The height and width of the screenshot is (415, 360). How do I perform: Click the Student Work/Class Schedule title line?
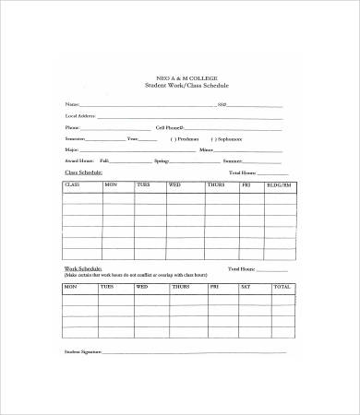point(186,85)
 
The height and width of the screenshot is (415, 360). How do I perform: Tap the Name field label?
point(72,104)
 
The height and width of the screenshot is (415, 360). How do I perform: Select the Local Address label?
point(79,115)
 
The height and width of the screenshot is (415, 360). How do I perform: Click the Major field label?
point(72,148)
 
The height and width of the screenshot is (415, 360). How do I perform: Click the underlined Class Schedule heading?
point(82,172)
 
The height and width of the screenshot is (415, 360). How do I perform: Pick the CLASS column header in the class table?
point(73,185)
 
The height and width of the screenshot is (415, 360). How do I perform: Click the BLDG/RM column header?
point(278,185)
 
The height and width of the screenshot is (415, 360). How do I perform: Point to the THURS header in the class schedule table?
point(215,185)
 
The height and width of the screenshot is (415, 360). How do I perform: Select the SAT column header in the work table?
point(245,287)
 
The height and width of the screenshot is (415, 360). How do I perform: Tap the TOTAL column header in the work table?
point(281,287)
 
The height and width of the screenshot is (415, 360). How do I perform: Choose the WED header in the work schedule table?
point(142,287)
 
